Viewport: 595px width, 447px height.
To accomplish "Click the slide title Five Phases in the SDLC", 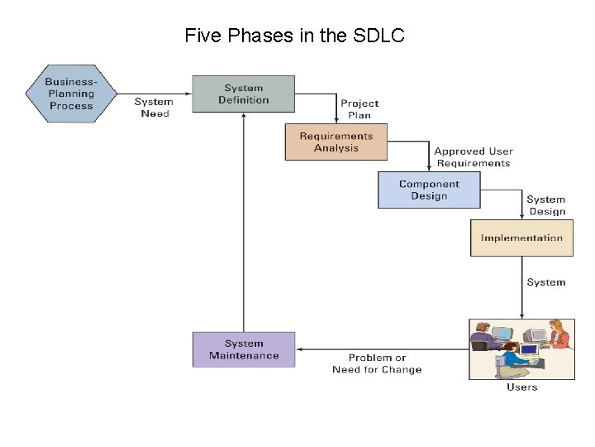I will click(x=294, y=36).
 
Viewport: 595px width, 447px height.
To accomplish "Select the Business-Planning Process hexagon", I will click(x=71, y=94).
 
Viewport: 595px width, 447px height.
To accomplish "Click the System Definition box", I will click(x=243, y=94).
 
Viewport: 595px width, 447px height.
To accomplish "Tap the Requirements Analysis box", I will click(x=336, y=142).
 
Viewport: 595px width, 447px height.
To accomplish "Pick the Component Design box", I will click(x=428, y=190).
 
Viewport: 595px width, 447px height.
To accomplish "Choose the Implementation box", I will click(x=521, y=238).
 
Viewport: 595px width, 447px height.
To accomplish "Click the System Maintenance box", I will click(x=243, y=349).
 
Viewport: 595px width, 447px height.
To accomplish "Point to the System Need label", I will click(x=155, y=108).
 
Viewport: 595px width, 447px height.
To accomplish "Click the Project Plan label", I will click(x=359, y=109).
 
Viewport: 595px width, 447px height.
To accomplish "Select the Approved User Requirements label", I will click(x=474, y=157).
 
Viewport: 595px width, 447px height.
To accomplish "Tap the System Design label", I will click(x=546, y=205).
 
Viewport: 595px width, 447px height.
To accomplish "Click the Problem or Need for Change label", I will click(x=377, y=363).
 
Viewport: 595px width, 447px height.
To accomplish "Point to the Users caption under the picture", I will click(x=521, y=387).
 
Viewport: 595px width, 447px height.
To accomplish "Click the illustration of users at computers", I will click(x=521, y=348).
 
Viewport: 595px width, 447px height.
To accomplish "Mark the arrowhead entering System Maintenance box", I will click(x=299, y=349).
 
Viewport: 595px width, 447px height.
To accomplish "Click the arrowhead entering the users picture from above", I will click(x=521, y=315).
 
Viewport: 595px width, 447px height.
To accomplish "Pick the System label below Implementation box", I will click(x=546, y=282).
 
